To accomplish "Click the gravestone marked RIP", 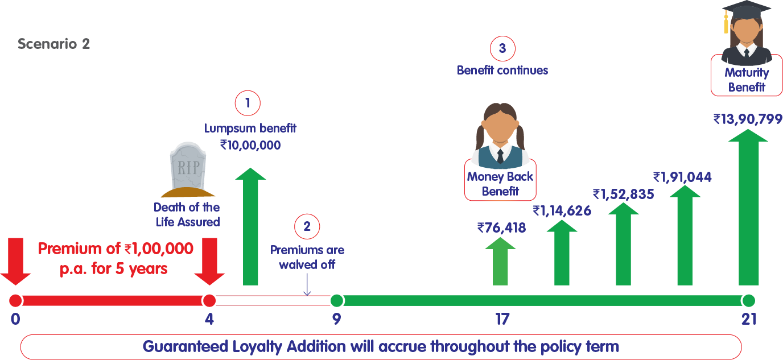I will [188, 169].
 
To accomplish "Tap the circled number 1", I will [248, 104].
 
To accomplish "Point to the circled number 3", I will [502, 49].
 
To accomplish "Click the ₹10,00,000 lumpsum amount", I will [250, 145].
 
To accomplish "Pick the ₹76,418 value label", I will [501, 228].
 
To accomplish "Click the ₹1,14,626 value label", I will [562, 211].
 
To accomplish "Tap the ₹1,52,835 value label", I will [623, 194].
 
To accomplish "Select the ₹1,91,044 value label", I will [682, 177].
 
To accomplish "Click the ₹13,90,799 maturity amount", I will [748, 119].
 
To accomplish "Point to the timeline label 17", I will [502, 319].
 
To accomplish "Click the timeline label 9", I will [337, 319].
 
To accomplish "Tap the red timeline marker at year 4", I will [209, 300].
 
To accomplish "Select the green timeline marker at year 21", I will [748, 300].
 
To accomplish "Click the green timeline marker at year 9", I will [337, 300].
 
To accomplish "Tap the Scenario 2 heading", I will [54, 44].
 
